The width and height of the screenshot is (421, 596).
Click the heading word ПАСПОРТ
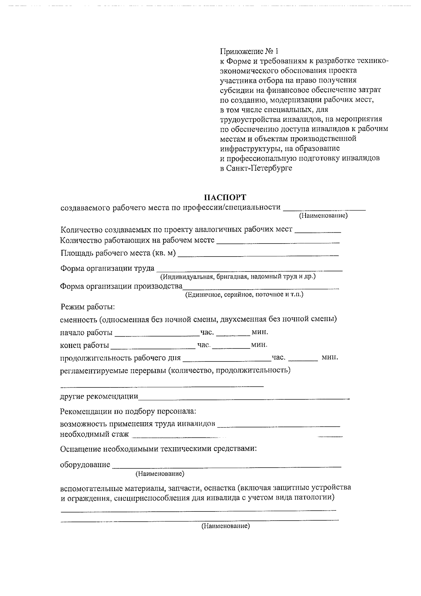click(x=225, y=197)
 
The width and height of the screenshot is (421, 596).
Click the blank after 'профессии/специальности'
click(x=324, y=209)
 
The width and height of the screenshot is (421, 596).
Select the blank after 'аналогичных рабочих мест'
click(x=318, y=231)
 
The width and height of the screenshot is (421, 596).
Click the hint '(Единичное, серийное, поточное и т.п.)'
click(x=244, y=294)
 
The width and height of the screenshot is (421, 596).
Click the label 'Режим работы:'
click(x=88, y=307)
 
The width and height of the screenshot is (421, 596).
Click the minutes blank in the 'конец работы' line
click(x=231, y=346)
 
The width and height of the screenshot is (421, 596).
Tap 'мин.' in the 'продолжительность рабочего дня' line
click(x=330, y=358)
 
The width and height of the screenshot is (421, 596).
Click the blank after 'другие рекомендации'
click(x=243, y=398)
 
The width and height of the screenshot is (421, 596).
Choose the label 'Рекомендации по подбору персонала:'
click(x=128, y=411)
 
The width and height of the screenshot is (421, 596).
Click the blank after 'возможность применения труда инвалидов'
click(x=279, y=425)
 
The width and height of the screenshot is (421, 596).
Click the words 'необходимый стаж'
click(x=94, y=435)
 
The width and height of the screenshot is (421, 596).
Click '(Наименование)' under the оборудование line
click(x=160, y=474)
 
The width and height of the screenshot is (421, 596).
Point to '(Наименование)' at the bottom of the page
click(x=225, y=526)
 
